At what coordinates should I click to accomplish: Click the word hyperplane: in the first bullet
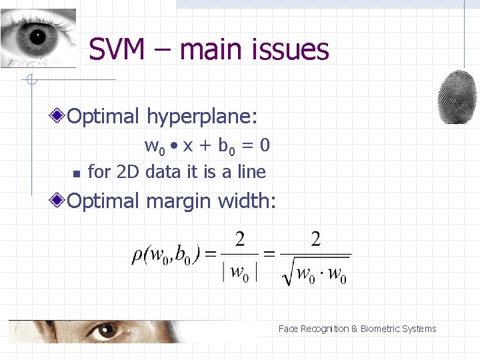point(201,117)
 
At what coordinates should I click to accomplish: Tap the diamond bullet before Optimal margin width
point(59,200)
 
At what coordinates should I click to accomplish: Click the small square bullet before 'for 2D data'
point(75,174)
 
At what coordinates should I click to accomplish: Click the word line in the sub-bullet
point(251,172)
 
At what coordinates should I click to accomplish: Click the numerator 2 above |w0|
point(239,239)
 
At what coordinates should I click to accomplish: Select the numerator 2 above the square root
point(315,239)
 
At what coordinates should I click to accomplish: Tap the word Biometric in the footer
point(386,329)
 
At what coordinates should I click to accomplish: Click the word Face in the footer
point(288,329)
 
